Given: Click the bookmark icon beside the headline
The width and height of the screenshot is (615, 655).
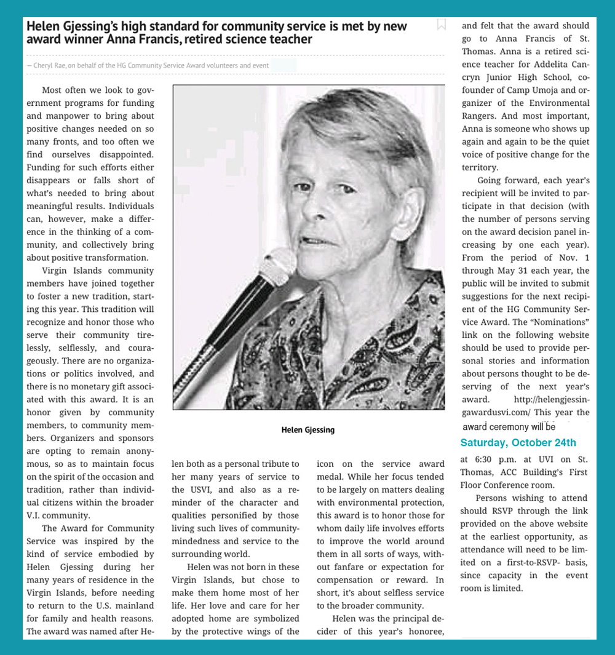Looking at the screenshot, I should point(441,25).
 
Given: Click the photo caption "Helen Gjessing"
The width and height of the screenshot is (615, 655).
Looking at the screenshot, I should point(308,430).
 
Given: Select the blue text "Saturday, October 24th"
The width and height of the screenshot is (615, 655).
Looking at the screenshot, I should point(518,443).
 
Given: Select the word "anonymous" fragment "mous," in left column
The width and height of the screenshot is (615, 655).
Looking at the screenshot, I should point(39,464).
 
